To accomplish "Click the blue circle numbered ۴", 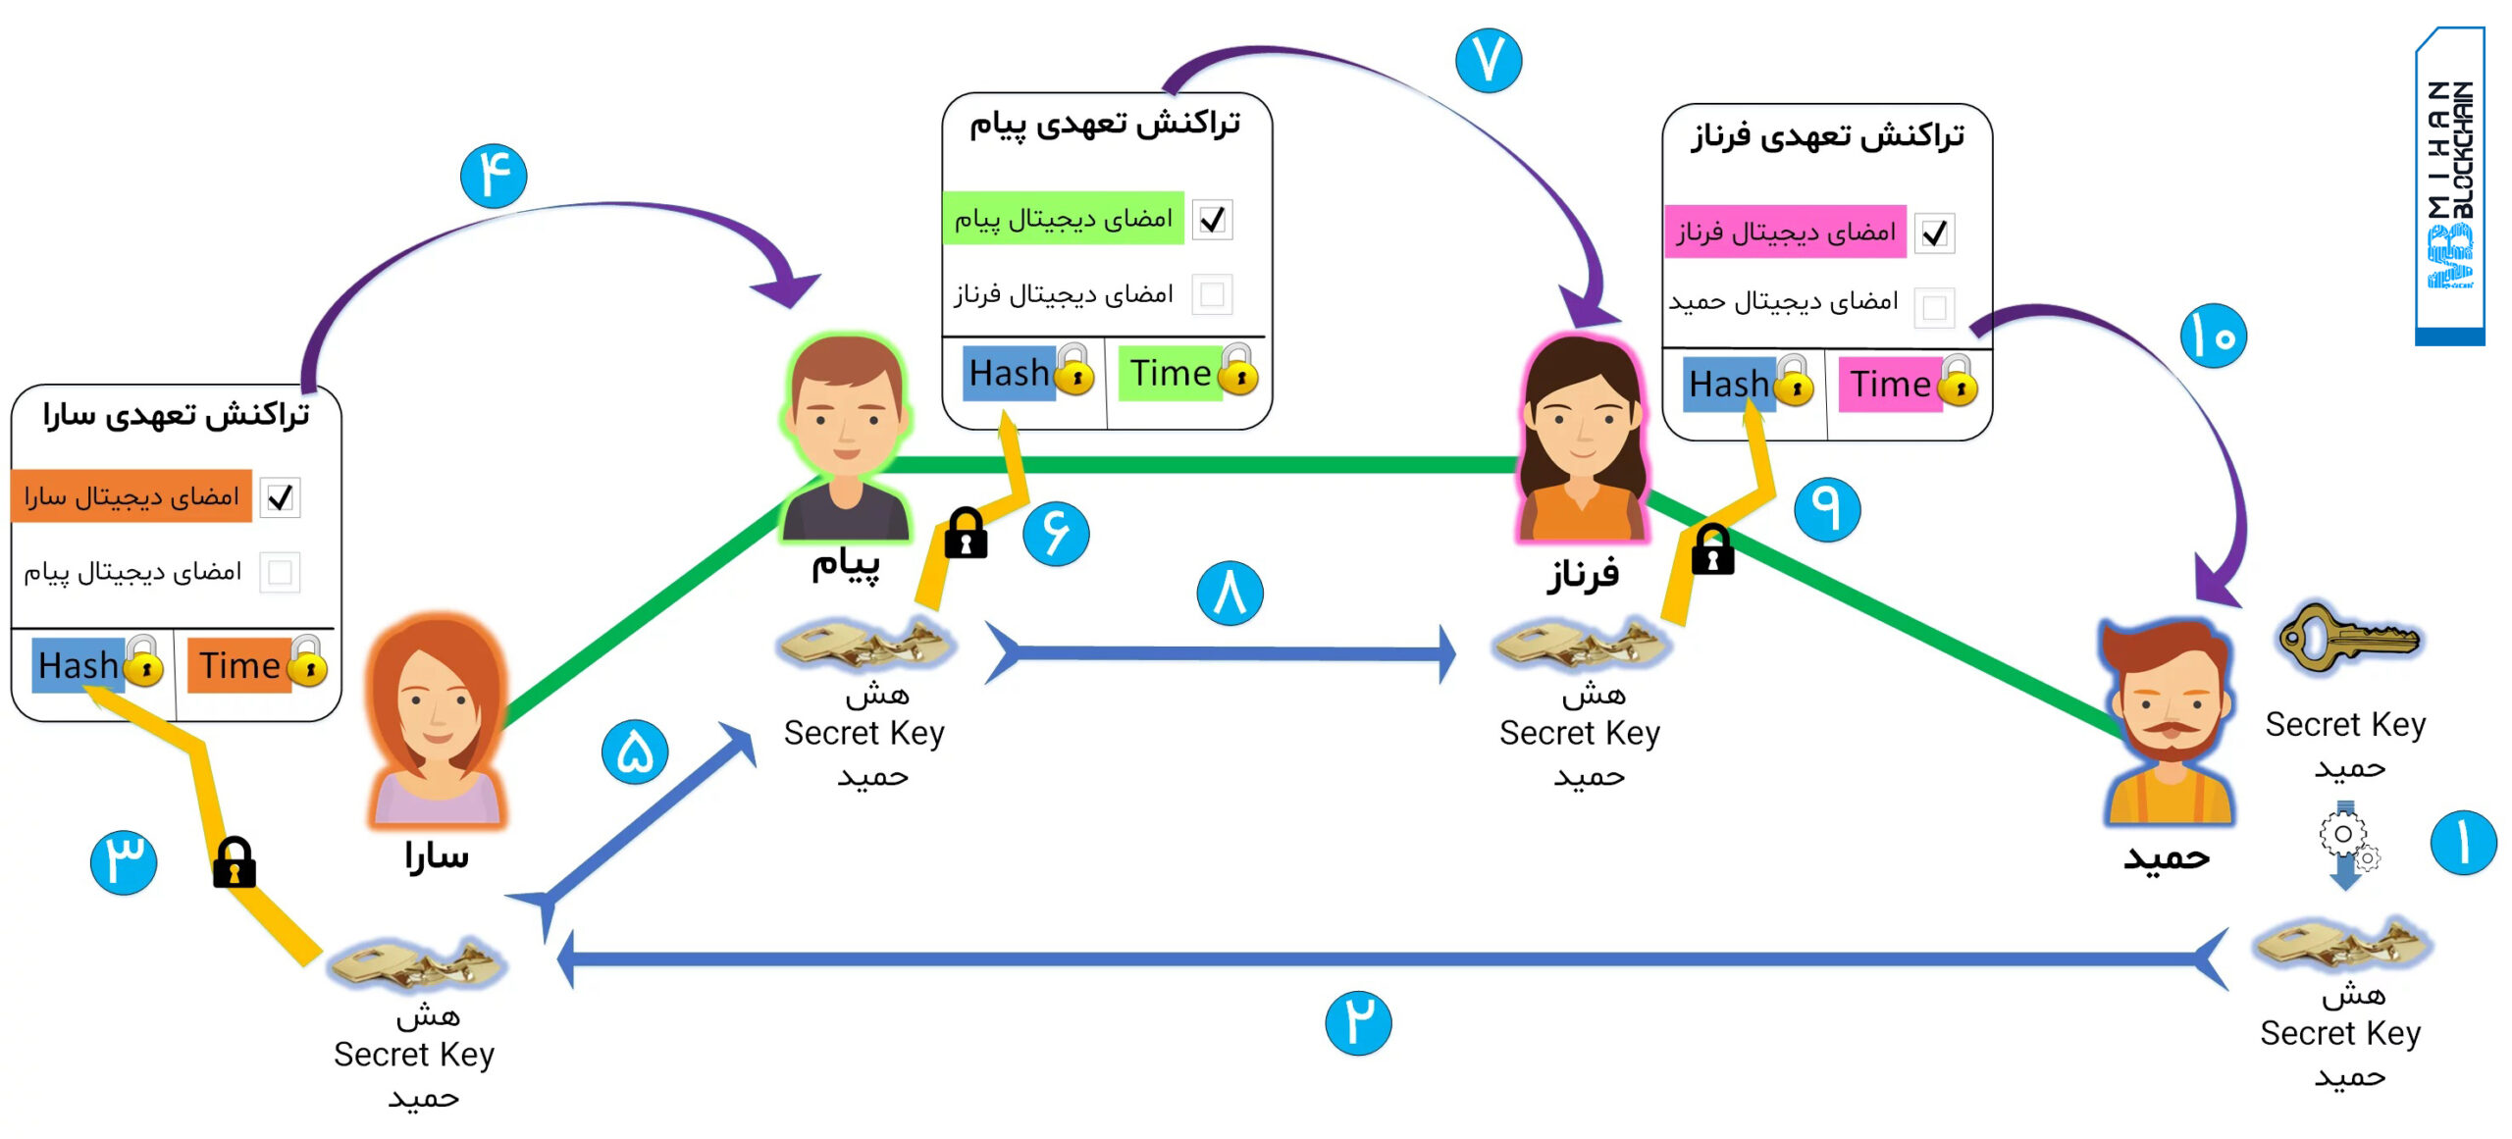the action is click(x=494, y=176).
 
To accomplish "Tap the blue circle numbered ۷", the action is click(x=1489, y=60).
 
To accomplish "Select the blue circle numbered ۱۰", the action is click(x=2214, y=336).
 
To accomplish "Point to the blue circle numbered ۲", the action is click(x=1358, y=1022).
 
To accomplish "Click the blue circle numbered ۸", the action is click(x=1230, y=593).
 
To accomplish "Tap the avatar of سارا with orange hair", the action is click(x=438, y=721).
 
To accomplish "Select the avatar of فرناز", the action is click(x=1582, y=439).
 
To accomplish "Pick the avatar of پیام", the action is click(x=846, y=438).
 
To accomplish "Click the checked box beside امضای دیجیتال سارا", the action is click(x=280, y=497).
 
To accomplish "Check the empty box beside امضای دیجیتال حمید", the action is click(x=1935, y=308).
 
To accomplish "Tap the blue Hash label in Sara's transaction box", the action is click(x=78, y=665).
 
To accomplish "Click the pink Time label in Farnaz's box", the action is click(x=1890, y=384).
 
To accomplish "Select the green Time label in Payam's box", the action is click(x=1170, y=373).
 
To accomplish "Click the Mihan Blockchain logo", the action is click(x=2450, y=185).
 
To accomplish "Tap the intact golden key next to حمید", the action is click(x=2348, y=638).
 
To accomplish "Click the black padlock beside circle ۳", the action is click(x=235, y=862).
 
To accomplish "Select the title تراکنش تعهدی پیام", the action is click(x=1106, y=124).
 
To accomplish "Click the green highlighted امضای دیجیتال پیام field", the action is click(x=1064, y=218).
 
